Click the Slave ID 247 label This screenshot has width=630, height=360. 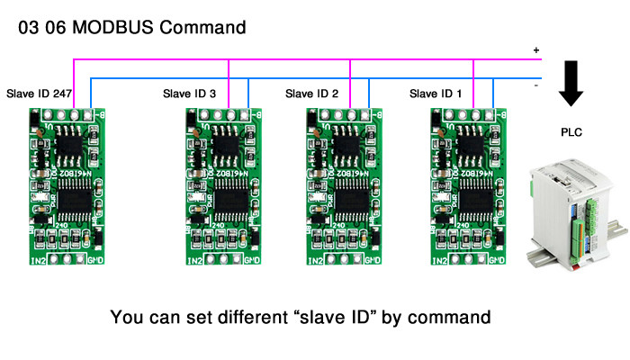click(x=39, y=93)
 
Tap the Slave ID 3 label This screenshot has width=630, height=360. click(x=189, y=93)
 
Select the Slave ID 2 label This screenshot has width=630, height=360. click(x=311, y=93)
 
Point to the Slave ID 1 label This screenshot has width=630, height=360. click(x=436, y=93)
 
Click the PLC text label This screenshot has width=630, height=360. click(x=571, y=133)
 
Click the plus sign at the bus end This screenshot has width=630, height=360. click(x=536, y=50)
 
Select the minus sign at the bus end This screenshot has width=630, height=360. click(x=536, y=85)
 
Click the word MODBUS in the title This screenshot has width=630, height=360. click(x=109, y=27)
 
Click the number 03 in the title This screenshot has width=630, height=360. click(x=28, y=27)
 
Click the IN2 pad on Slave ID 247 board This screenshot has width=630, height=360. click(x=39, y=261)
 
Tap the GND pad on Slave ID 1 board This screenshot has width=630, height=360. click(x=491, y=261)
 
